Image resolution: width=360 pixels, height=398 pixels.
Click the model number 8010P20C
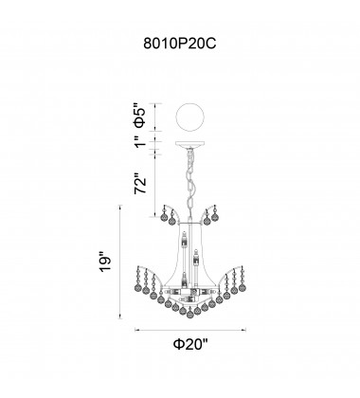[x=180, y=44]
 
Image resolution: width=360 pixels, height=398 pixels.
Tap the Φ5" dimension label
[x=140, y=116]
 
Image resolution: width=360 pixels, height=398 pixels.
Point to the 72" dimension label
[x=140, y=184]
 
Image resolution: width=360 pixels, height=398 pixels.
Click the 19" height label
[x=105, y=261]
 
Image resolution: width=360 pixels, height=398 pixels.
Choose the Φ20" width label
[x=190, y=344]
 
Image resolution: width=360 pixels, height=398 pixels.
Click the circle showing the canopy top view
[x=189, y=118]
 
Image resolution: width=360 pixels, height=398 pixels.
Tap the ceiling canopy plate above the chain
[x=189, y=145]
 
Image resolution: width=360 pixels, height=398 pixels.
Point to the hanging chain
[x=190, y=181]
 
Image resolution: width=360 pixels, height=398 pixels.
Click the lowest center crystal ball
[x=189, y=314]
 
